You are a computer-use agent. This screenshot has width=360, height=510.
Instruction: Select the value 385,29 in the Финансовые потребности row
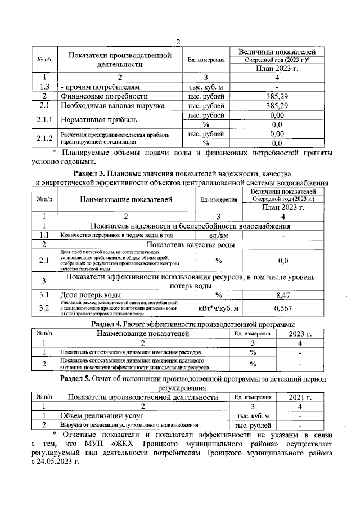tap(276, 96)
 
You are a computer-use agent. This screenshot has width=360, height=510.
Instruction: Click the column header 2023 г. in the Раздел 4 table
tap(300, 334)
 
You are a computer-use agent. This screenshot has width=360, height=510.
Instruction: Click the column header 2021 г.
tap(300, 397)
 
